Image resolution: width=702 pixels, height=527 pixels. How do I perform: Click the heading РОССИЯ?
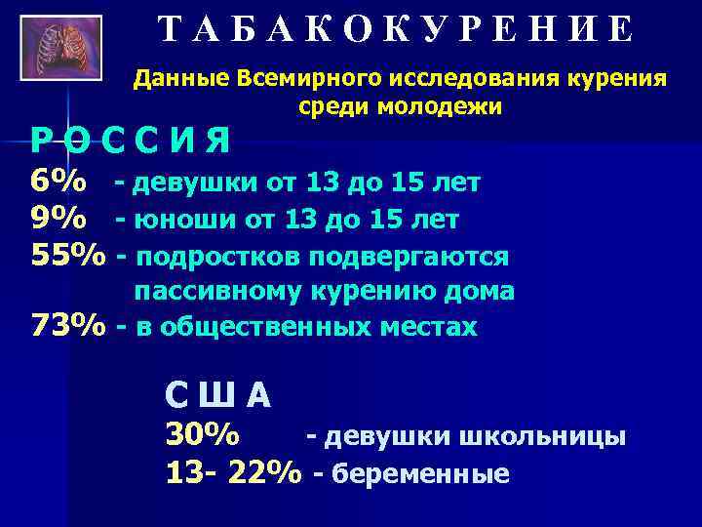130,144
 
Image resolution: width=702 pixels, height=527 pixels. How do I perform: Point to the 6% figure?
58,182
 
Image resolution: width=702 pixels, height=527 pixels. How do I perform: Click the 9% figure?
58,220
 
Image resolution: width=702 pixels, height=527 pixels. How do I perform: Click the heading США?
218,395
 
